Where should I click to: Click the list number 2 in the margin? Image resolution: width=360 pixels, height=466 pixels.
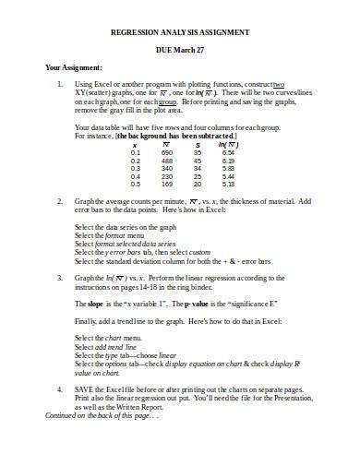[x=59, y=200]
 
